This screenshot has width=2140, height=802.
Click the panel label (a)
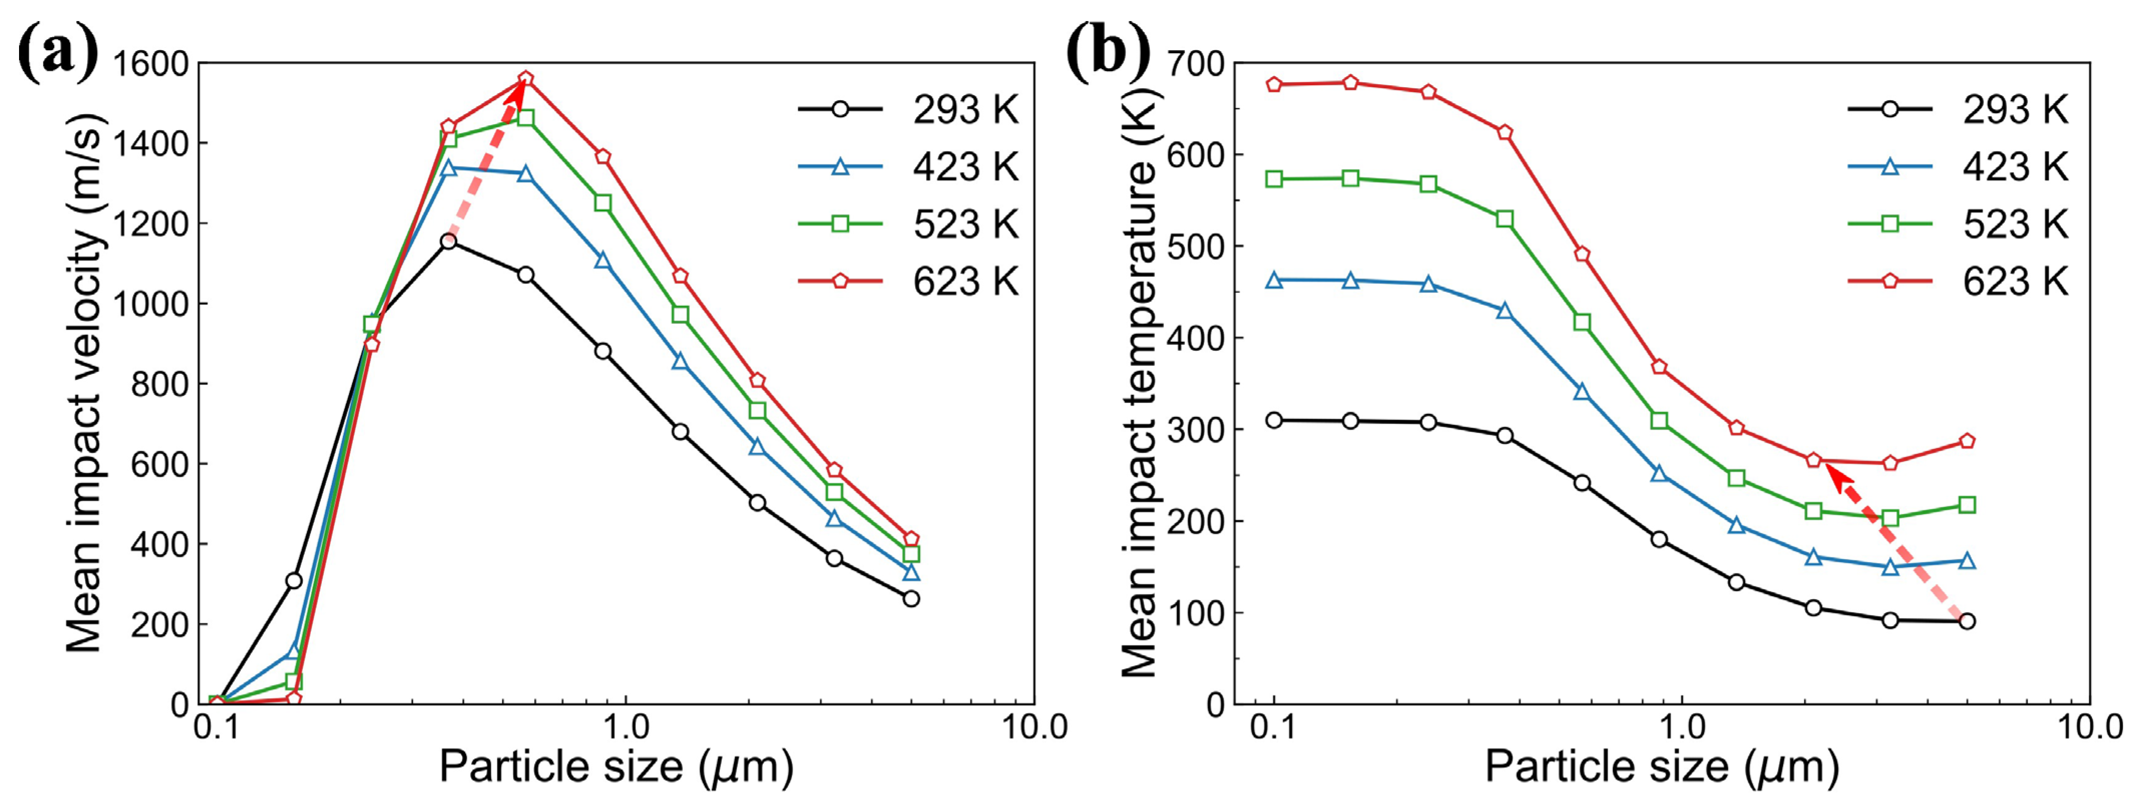(57, 52)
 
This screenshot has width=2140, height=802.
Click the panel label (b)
(1107, 52)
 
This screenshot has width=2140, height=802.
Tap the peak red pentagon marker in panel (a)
(525, 79)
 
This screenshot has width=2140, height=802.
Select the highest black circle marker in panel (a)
(449, 241)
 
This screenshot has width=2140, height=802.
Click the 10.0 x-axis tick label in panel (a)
(1034, 727)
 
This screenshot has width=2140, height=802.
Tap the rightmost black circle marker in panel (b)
(1967, 621)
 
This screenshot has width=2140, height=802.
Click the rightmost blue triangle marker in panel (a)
(911, 572)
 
